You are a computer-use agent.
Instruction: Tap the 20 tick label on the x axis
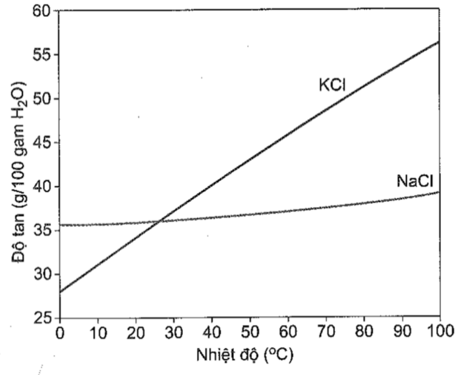click(136, 333)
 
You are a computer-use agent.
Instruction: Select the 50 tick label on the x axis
click(250, 333)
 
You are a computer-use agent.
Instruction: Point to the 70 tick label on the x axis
click(326, 333)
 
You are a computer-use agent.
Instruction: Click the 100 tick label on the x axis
click(440, 333)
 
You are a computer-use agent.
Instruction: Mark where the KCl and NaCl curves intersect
click(159, 221)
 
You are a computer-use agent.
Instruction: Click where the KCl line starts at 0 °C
click(60, 292)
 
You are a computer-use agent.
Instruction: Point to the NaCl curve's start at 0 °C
click(60, 225)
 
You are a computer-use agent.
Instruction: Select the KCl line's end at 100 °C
click(439, 41)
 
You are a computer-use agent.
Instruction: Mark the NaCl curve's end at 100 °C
click(439, 192)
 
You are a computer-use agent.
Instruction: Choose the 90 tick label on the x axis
click(402, 333)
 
